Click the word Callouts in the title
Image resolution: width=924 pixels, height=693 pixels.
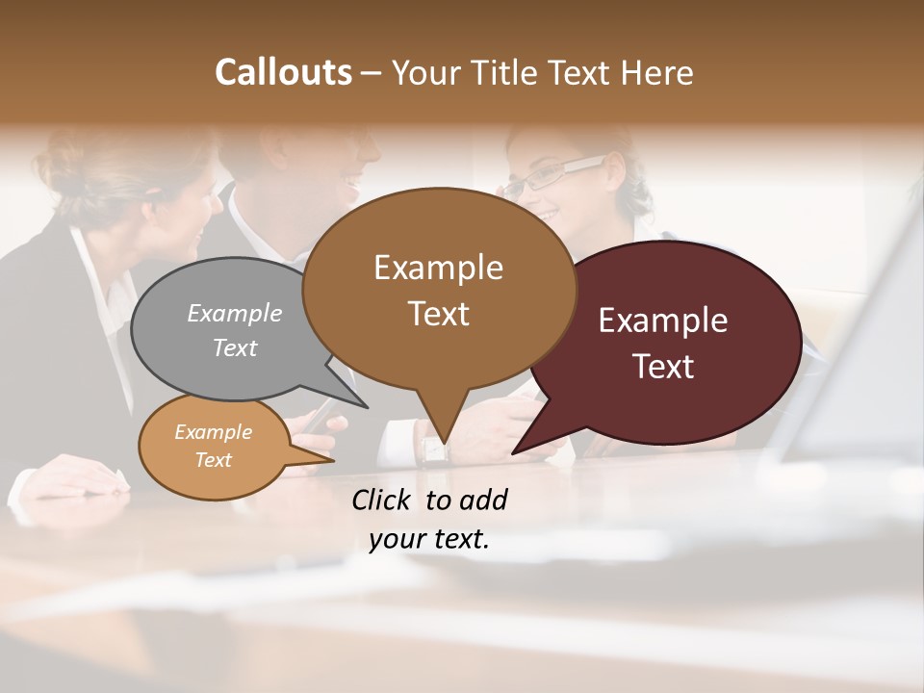tap(283, 73)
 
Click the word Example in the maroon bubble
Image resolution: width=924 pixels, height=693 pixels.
tap(663, 321)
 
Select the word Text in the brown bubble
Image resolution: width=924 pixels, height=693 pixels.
tap(439, 314)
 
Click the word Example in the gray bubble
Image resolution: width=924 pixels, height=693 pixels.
tap(235, 313)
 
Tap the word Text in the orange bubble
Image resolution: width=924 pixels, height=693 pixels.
tap(214, 459)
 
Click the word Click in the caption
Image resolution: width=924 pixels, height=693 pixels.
tap(384, 500)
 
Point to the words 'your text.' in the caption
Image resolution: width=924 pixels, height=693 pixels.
tap(429, 539)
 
